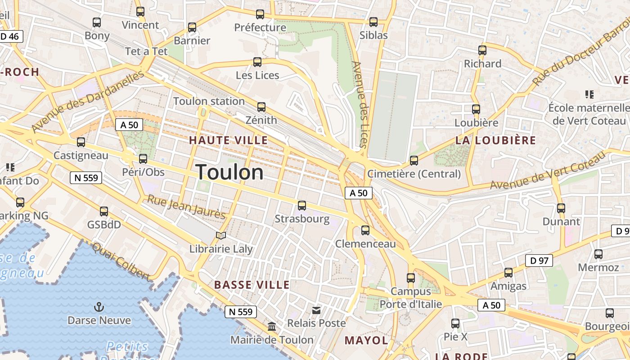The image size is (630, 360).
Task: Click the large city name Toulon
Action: tap(229, 172)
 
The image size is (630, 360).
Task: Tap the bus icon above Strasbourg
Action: tap(302, 206)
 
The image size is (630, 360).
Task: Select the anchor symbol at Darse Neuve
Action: tap(99, 307)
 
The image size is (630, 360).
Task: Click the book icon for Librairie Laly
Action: tap(220, 235)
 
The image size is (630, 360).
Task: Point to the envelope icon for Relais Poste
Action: tap(317, 310)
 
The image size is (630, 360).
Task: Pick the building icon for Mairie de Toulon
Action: tap(272, 326)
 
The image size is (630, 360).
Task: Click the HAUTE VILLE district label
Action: tap(228, 140)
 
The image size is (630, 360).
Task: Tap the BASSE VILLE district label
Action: tap(252, 285)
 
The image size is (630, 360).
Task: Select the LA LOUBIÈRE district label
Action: tap(495, 140)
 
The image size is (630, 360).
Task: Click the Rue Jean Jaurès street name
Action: tap(186, 207)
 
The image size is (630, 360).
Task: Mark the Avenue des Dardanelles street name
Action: tap(88, 102)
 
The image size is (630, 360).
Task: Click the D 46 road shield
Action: tap(10, 36)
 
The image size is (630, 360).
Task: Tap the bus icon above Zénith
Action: tap(261, 107)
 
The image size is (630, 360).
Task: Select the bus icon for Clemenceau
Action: tap(365, 230)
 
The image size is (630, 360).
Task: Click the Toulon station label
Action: tap(209, 101)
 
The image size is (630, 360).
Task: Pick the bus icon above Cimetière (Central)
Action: tap(414, 160)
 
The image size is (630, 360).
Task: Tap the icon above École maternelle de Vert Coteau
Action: tap(589, 94)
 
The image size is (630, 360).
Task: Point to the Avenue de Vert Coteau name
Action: tap(548, 171)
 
